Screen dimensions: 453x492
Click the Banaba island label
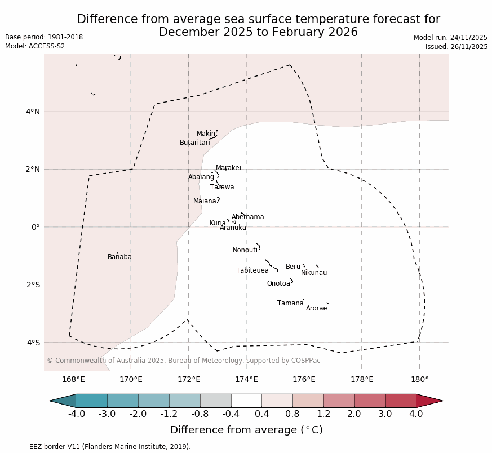(119, 257)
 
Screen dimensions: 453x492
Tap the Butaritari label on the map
(195, 143)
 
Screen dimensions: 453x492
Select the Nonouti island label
(245, 250)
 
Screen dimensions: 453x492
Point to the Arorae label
(316, 308)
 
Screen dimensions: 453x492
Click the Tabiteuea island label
(252, 270)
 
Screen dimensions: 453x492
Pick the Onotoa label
(278, 283)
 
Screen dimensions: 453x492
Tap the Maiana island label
(205, 201)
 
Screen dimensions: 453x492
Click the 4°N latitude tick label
(33, 112)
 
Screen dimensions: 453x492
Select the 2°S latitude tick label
(33, 285)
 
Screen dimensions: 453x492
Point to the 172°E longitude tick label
(188, 379)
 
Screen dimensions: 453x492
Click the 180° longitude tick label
(419, 379)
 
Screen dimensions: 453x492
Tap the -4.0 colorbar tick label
(77, 414)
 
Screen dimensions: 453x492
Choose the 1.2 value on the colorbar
(323, 414)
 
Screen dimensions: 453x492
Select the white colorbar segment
(246, 401)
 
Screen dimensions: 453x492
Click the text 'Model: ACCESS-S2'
(35, 46)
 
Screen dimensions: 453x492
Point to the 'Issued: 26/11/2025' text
(456, 47)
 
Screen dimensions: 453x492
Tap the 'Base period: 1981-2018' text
(44, 37)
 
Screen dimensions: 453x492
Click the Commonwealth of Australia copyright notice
(184, 361)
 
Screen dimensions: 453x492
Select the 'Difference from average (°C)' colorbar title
(246, 430)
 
